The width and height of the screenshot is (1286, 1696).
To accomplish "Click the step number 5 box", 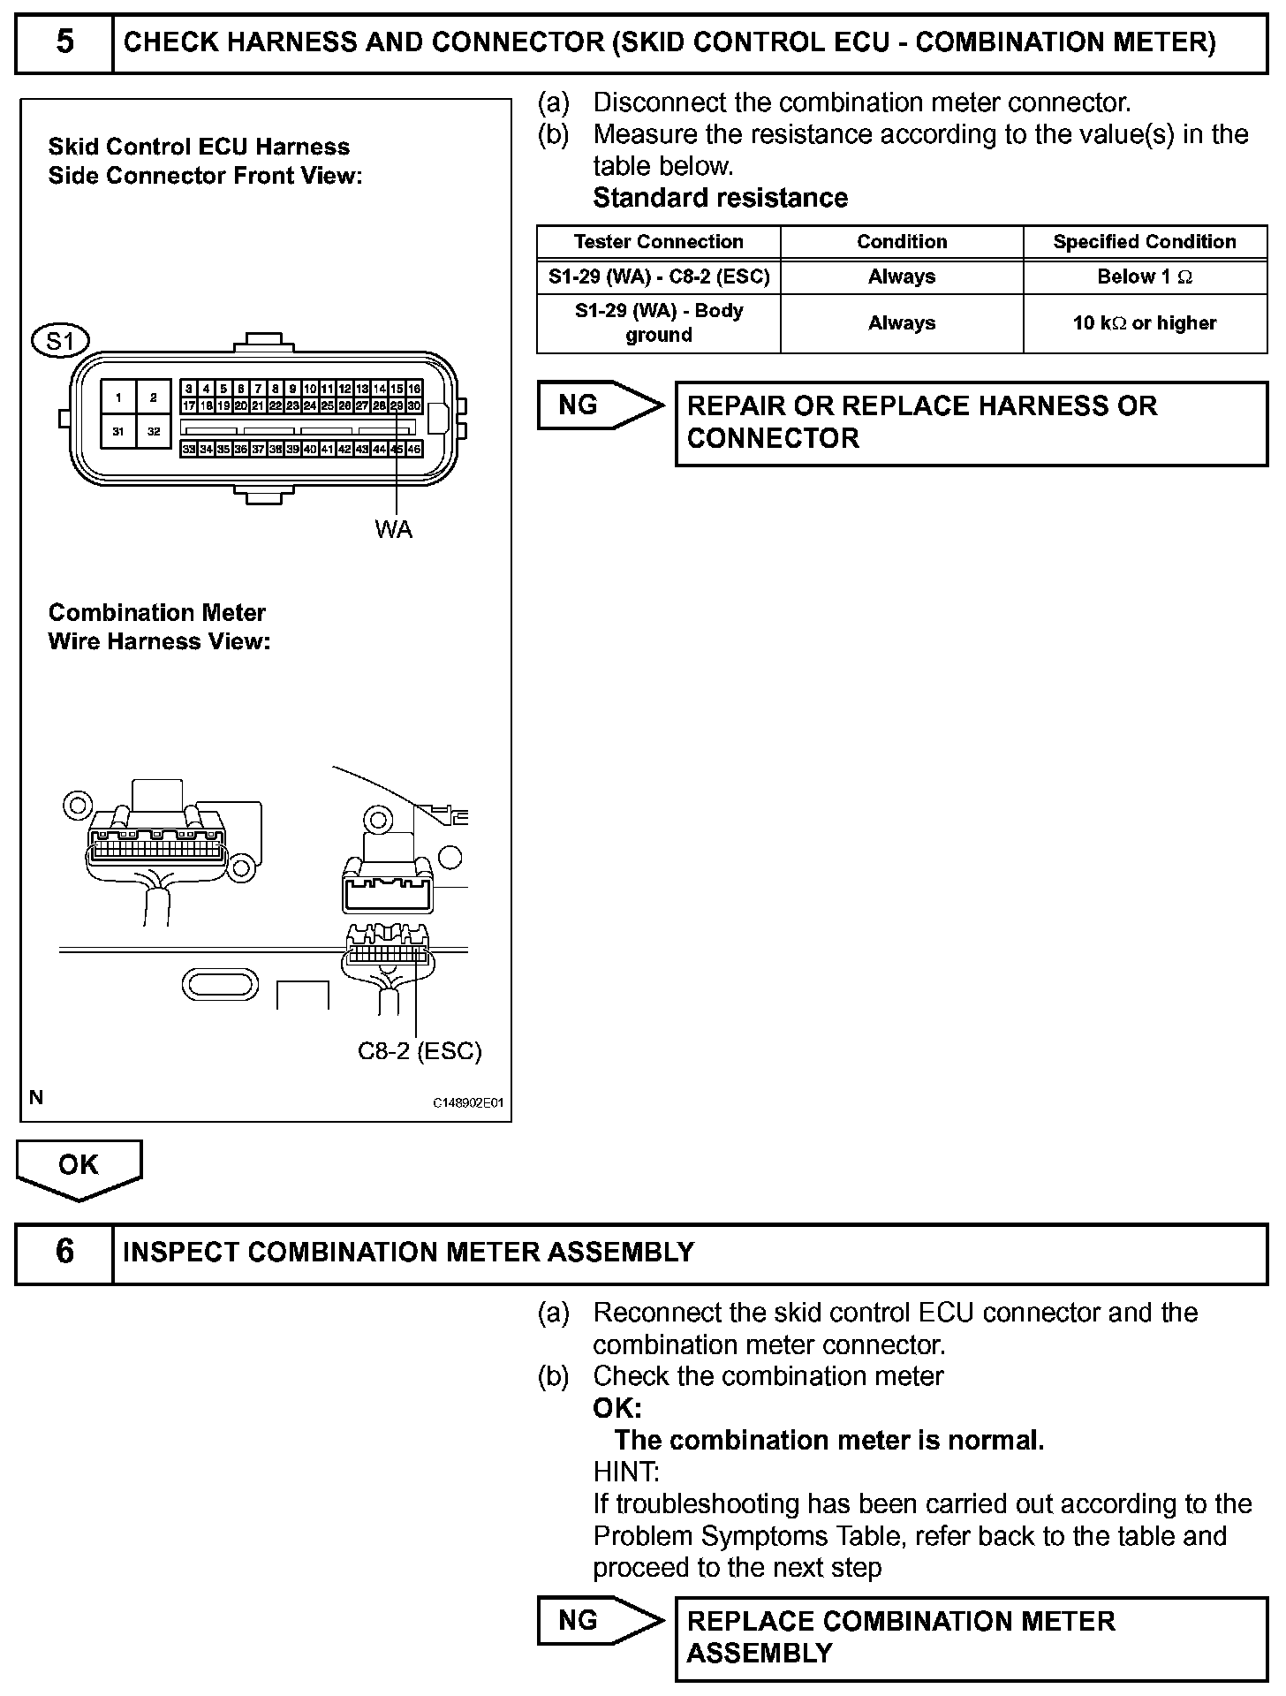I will click(64, 42).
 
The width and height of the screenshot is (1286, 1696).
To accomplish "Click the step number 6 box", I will click(64, 1252).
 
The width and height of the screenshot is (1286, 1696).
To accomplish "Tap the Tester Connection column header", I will click(658, 242).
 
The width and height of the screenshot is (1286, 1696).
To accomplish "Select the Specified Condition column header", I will click(1144, 242).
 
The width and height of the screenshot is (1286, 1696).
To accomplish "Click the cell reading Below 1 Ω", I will click(1144, 276).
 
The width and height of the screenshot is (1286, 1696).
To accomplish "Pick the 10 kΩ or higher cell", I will click(1144, 323).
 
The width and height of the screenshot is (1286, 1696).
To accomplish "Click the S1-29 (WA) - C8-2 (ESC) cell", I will click(658, 276).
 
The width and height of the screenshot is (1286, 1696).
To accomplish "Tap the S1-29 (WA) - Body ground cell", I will click(658, 323).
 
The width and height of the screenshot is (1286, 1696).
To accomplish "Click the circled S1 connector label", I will click(60, 340).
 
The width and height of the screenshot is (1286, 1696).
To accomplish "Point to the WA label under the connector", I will click(393, 529).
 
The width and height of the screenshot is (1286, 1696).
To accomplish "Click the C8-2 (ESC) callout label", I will click(420, 1050).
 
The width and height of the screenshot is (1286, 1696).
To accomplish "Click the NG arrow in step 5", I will click(597, 405).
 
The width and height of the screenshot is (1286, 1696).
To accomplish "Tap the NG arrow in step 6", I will click(597, 1620).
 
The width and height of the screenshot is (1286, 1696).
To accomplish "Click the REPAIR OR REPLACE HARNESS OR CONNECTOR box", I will click(970, 422).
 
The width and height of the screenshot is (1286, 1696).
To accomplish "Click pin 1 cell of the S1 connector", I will click(118, 397).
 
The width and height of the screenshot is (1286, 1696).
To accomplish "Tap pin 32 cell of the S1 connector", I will click(154, 431).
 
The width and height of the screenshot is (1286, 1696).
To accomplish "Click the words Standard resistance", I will click(720, 198).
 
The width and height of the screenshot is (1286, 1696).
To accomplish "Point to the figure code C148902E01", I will click(467, 1103).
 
